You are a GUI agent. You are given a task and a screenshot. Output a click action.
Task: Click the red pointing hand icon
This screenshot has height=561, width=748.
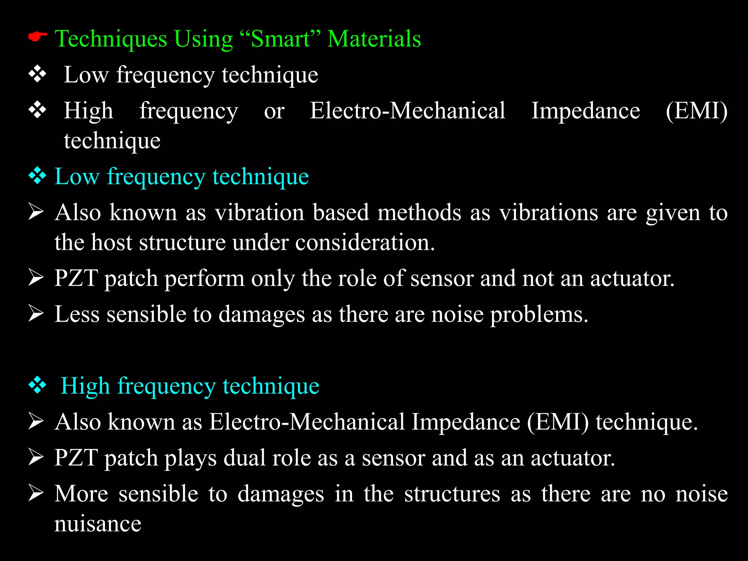point(38,37)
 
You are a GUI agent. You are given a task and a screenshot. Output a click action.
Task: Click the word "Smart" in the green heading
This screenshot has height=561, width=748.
point(280,39)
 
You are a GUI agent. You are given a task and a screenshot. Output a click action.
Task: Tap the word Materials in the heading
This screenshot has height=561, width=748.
point(374,39)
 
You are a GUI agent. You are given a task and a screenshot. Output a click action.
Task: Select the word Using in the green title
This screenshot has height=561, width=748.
point(203,39)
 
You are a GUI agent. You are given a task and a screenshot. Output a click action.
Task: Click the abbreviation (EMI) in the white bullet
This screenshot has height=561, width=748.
point(696,111)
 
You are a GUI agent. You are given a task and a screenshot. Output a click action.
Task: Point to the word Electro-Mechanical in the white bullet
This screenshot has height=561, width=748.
point(407,111)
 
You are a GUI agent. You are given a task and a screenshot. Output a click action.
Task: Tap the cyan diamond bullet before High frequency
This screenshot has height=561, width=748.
point(38,385)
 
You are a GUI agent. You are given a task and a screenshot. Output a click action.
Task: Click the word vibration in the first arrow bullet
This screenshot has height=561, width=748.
point(259,213)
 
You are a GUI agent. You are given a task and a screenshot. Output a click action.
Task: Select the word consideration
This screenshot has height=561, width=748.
point(365,243)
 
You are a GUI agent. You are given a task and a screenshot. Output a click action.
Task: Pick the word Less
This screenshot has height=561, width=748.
point(77,314)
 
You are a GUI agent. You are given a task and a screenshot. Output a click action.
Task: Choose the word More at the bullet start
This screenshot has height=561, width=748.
point(81,494)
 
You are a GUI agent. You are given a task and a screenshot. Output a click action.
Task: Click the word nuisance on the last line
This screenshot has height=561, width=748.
point(98,524)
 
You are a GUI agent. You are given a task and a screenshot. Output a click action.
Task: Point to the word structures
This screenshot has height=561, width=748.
point(452,494)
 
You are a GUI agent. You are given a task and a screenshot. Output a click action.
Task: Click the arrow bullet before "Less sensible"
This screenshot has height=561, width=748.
point(36,313)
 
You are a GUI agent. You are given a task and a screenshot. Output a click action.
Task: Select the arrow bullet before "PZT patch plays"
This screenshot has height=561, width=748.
point(36,457)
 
